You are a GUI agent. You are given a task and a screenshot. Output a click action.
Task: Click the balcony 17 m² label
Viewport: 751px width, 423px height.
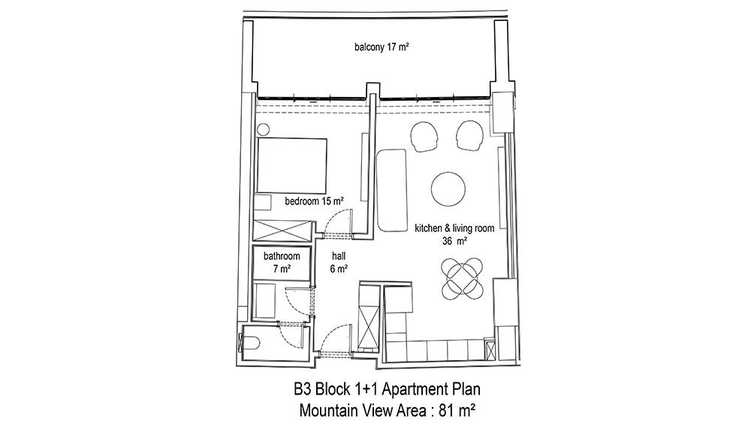coord(382,47)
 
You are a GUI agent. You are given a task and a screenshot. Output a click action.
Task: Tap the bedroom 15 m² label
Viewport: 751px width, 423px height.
coord(315,201)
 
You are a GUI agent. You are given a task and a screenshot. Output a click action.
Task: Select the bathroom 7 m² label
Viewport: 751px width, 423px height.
coord(282,262)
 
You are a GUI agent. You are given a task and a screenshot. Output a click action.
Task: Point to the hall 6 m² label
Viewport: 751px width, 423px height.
coord(339,262)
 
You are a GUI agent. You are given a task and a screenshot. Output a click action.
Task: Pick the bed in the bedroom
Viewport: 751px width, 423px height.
coord(292,166)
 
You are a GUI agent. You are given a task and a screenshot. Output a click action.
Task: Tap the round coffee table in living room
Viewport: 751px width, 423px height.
coord(448,189)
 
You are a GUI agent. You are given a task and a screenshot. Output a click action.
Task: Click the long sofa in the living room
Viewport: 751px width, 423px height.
coord(391,190)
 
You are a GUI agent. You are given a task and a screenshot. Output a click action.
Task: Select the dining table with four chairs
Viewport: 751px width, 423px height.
coord(462,278)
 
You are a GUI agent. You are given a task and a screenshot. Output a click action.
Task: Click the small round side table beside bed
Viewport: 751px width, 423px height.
coord(263,129)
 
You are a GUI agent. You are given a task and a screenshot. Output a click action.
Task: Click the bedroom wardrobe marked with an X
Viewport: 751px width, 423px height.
coord(281,231)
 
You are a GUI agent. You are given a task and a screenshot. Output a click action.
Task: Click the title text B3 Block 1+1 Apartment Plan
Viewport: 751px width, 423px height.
coord(387,389)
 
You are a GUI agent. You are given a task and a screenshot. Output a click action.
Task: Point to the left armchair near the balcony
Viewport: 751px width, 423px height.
coord(424,137)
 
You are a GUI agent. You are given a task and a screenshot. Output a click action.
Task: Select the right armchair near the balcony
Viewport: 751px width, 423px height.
coord(470,135)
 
